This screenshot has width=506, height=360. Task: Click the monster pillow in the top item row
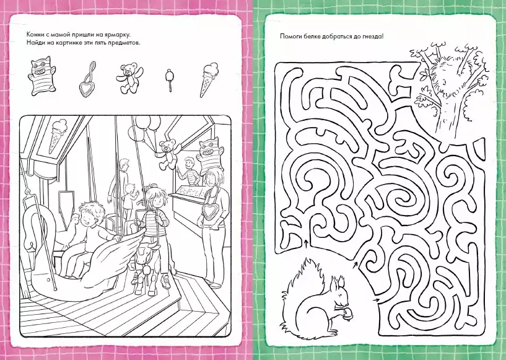(x=41, y=76)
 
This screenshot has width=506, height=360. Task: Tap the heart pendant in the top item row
(x=87, y=80)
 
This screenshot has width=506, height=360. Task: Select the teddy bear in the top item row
(x=129, y=78)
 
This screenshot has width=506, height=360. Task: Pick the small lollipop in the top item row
(x=169, y=80)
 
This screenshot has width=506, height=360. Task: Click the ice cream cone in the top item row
(x=209, y=79)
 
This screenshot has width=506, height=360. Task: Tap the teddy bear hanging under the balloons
(x=167, y=154)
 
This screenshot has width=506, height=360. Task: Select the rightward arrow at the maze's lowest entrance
(x=375, y=300)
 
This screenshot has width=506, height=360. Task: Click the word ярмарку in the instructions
(x=118, y=35)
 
